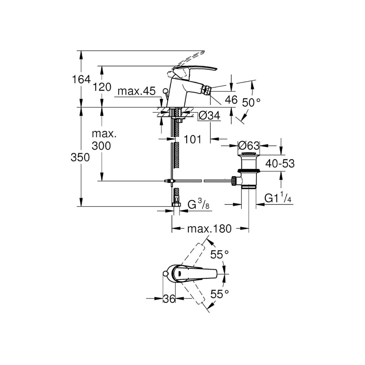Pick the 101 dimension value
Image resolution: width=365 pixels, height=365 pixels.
pos(193,140)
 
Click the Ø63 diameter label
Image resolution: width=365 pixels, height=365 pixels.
pos(249,146)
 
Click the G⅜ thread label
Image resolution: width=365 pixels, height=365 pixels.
pos(199,205)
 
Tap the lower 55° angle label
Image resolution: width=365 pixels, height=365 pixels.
pos(219,295)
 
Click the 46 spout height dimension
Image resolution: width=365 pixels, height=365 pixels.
pos(230,100)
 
